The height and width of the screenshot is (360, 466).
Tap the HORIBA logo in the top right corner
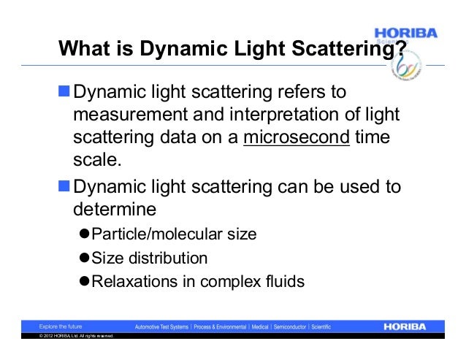click(406, 34)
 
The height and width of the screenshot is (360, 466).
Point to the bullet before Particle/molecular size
click(84, 234)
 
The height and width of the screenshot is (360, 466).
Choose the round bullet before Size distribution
click(84, 258)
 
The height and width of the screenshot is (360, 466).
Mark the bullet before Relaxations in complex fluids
click(84, 281)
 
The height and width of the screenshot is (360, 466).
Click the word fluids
click(284, 281)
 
